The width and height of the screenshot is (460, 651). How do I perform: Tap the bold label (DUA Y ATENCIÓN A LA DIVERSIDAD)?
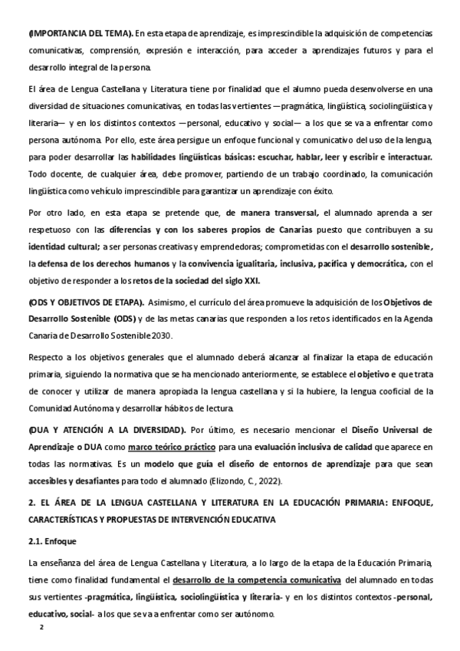coord(106,429)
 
